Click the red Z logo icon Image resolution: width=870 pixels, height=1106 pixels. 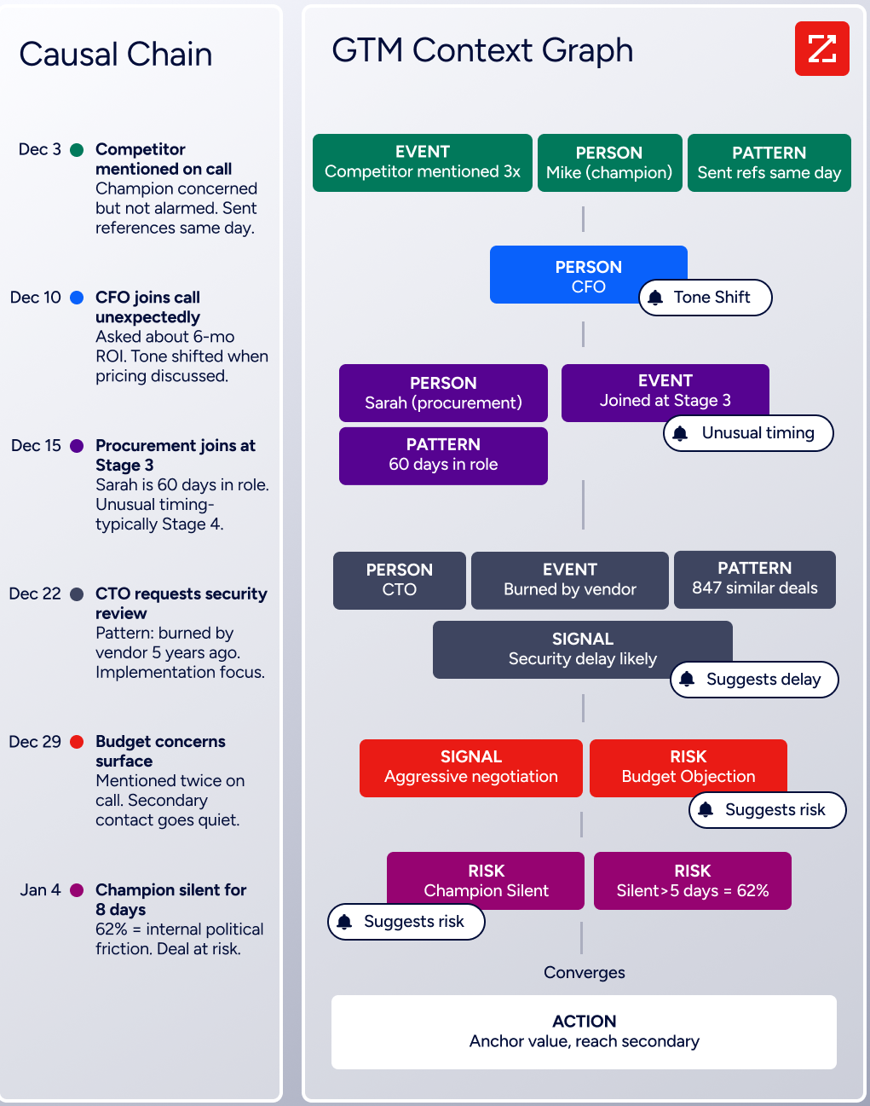[x=821, y=49]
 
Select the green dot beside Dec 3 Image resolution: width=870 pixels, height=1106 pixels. [x=77, y=149]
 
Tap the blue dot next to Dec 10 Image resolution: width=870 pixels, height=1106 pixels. [x=77, y=298]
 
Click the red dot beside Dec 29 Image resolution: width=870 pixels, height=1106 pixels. [x=77, y=742]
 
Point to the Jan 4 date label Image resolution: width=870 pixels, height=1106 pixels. [x=41, y=889]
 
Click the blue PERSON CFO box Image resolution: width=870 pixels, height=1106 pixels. [x=588, y=275]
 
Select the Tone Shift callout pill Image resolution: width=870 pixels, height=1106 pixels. [x=706, y=298]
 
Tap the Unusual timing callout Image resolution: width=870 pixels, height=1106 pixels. [x=748, y=433]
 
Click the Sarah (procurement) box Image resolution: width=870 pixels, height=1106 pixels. [x=443, y=393]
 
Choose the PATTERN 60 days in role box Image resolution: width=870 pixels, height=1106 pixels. [x=443, y=456]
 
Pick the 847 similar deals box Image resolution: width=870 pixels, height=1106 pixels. [x=754, y=580]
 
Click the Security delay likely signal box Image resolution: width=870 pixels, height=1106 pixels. [x=582, y=650]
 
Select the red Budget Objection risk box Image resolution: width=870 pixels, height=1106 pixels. [x=689, y=768]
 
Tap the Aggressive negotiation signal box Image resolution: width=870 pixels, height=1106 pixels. [x=471, y=768]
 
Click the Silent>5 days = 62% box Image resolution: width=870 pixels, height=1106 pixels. [x=692, y=881]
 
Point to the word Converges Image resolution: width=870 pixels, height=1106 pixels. [x=584, y=972]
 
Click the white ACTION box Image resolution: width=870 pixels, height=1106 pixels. [x=584, y=1032]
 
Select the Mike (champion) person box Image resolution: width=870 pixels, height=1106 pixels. [x=609, y=163]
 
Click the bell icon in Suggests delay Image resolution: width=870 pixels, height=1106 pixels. [x=687, y=680]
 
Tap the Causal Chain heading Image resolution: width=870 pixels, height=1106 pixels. [x=116, y=54]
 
